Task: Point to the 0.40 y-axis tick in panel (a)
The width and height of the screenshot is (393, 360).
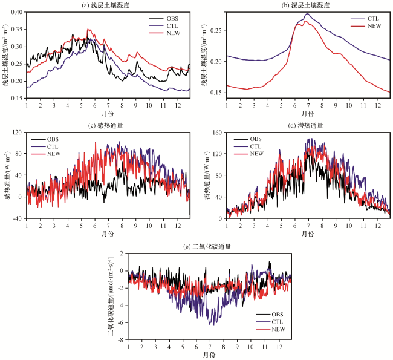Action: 19,12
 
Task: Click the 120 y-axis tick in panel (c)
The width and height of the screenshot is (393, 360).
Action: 18,132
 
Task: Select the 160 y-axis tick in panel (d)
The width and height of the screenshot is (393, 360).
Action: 217,132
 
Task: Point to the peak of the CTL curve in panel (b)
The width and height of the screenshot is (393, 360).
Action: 307,14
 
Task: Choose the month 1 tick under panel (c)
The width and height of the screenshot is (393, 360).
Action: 27,225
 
